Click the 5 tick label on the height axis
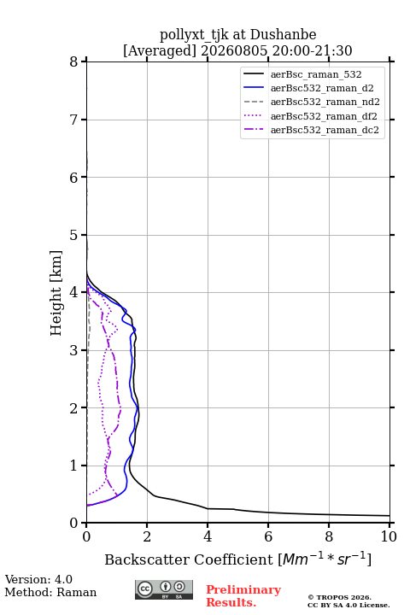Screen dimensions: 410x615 [73, 235]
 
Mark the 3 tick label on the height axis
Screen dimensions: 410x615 [73, 350]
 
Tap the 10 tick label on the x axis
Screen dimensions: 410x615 [389, 536]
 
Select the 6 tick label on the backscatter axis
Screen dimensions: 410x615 [268, 536]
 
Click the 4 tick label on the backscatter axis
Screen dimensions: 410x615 [208, 536]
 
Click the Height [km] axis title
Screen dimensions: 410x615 [56, 293]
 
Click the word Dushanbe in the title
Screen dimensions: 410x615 [283, 34]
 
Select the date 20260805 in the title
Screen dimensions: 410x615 [235, 50]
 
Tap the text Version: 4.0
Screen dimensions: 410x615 [38, 579]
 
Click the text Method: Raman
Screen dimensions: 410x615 [50, 592]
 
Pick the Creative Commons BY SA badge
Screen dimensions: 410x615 [164, 589]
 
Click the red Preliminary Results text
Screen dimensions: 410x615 [243, 596]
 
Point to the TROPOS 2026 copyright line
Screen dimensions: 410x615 [340, 597]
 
